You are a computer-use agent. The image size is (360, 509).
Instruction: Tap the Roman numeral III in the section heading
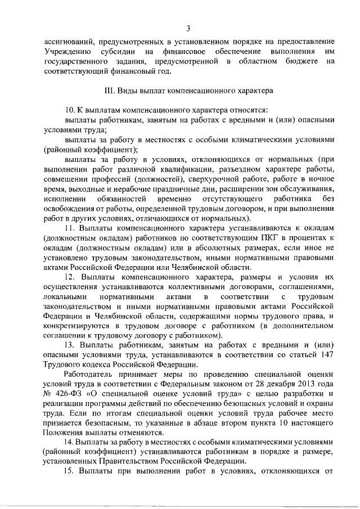coord(110,89)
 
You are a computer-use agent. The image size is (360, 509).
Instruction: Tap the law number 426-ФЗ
coord(68,395)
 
